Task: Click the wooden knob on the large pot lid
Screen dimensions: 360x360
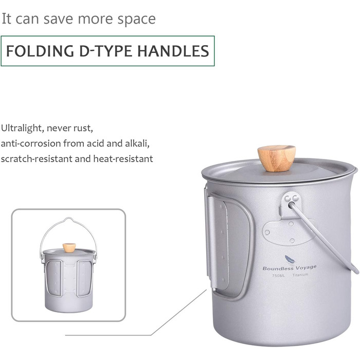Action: click(x=277, y=158)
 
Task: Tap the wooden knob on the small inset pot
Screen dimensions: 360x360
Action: click(x=69, y=248)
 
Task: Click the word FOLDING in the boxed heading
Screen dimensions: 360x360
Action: click(x=40, y=51)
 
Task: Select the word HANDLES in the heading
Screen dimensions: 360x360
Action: click(x=173, y=51)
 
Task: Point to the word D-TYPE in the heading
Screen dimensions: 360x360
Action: click(x=105, y=51)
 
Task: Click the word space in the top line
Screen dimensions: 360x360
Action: click(x=137, y=20)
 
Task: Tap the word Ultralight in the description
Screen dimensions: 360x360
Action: click(x=22, y=128)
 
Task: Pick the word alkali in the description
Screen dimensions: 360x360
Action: click(x=137, y=143)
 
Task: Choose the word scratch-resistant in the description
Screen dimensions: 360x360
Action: click(x=37, y=158)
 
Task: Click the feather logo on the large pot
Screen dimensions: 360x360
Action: click(x=290, y=260)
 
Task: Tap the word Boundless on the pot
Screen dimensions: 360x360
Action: click(x=278, y=268)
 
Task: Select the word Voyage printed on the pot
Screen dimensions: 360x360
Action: click(x=306, y=267)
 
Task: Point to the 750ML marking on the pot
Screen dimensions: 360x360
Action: click(x=278, y=276)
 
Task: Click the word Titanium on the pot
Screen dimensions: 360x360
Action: click(x=300, y=275)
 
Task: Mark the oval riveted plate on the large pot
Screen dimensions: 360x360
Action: click(x=287, y=232)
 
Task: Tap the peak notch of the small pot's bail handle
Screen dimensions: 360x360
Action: click(x=68, y=219)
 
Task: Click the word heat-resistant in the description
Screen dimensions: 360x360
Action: click(x=123, y=158)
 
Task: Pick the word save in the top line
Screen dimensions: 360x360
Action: click(x=58, y=19)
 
